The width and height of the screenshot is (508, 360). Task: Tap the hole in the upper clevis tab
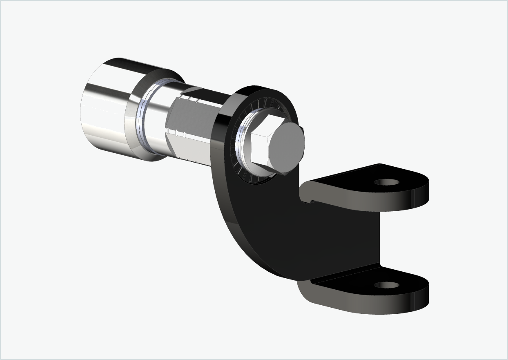tap(387, 181)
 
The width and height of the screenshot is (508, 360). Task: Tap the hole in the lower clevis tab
tap(386, 285)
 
